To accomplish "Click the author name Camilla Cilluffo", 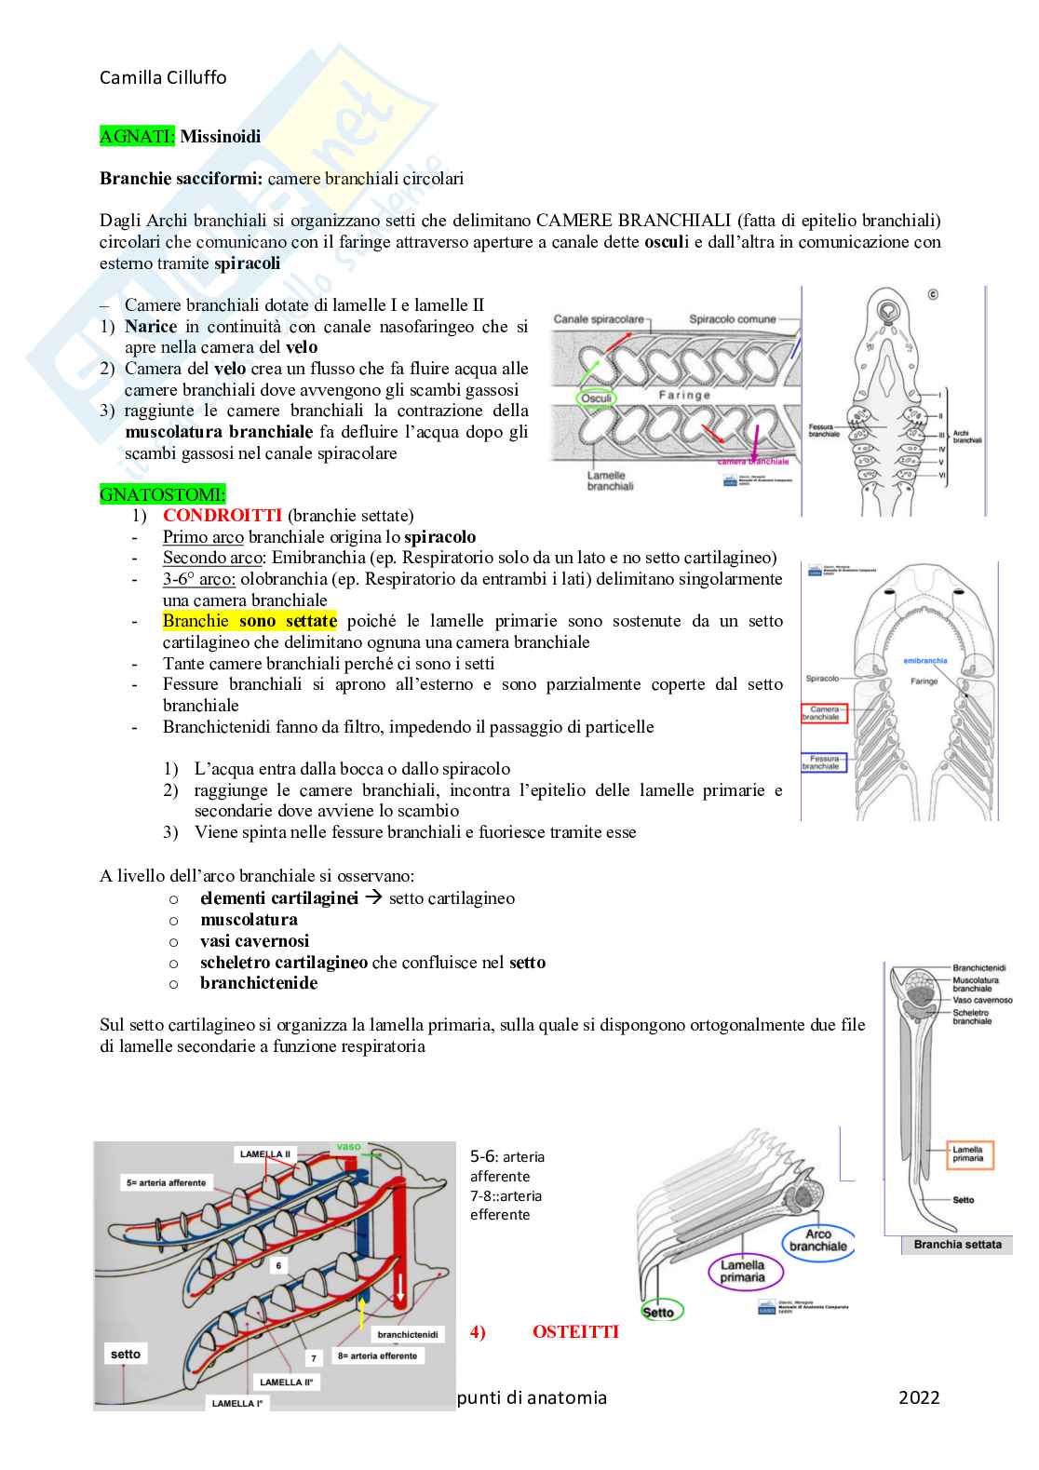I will (163, 77).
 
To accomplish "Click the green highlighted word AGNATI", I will (136, 136).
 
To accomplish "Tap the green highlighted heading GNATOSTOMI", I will (162, 494).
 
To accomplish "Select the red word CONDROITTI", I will (223, 515).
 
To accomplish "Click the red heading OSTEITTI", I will (575, 1331).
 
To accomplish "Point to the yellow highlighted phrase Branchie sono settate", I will (250, 621).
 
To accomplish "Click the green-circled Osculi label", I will (597, 398).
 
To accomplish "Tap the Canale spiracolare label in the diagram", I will (599, 319).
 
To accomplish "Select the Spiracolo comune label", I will (732, 319).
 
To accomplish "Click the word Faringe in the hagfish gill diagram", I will (684, 395).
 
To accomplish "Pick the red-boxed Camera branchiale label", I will (824, 713).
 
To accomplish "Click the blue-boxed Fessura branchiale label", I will (823, 762).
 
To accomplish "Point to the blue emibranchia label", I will (924, 661).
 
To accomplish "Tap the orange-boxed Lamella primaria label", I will (969, 1154).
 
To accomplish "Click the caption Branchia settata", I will (957, 1245).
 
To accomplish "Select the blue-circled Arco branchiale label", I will (817, 1240).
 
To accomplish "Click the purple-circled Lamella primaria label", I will (742, 1271).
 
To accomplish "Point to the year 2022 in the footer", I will (919, 1397).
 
